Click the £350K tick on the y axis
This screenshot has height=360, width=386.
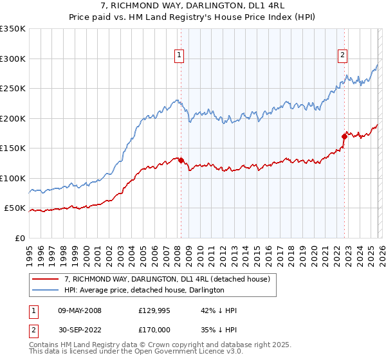13,29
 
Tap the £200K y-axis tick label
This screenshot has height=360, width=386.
13,118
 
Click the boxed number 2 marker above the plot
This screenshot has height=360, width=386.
343,56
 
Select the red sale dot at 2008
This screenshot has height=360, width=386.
181,160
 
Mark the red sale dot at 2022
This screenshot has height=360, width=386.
344,136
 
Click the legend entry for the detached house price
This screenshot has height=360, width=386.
170,279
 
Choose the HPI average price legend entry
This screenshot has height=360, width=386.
144,290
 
